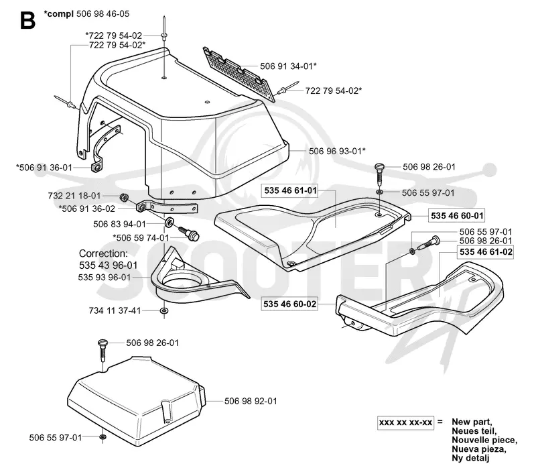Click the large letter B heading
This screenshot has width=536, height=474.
click(x=27, y=21)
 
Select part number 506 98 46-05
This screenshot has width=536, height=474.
click(x=103, y=14)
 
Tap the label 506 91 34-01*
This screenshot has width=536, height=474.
click(x=288, y=66)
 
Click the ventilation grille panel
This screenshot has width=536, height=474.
click(x=240, y=74)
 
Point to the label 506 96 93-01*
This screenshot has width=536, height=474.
click(x=337, y=151)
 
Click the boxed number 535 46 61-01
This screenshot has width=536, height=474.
click(x=291, y=190)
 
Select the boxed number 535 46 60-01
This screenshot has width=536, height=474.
click(x=457, y=216)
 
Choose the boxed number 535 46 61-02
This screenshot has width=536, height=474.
click(x=486, y=252)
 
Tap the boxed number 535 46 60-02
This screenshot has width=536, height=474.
click(x=290, y=304)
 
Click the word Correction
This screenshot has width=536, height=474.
click(x=103, y=253)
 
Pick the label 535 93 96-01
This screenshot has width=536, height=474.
click(x=105, y=277)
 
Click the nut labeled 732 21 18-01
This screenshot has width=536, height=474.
click(x=124, y=197)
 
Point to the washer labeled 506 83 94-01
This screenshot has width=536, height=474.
click(x=169, y=223)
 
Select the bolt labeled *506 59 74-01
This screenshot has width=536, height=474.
click(x=189, y=233)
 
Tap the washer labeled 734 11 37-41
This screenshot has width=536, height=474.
click(x=164, y=311)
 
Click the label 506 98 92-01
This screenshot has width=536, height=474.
click(x=251, y=401)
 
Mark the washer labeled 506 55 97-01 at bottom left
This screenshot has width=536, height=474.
click(x=103, y=436)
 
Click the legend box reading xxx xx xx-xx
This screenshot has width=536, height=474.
click(x=405, y=422)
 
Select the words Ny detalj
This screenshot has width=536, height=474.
click(x=470, y=458)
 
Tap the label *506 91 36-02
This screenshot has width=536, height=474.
click(x=87, y=209)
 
